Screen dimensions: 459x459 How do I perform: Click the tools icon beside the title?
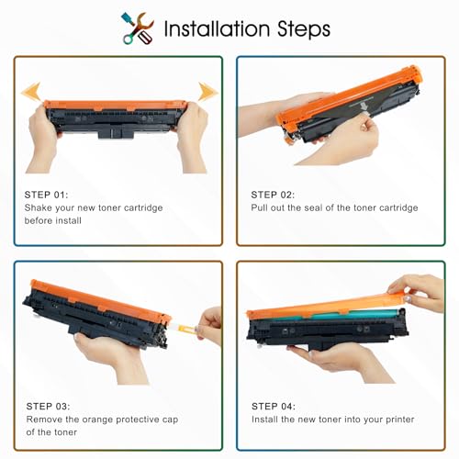click(x=138, y=28)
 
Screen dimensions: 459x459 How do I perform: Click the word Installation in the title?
click(x=217, y=28)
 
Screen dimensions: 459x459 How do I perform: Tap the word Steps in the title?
click(x=304, y=29)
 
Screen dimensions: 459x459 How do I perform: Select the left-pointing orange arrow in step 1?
click(x=30, y=91)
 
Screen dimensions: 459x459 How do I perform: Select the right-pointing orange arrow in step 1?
click(x=208, y=91)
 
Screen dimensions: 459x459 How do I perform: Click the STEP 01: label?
click(x=46, y=195)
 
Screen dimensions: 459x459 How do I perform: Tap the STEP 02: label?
click(x=273, y=195)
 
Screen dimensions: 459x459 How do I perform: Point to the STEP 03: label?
click(x=48, y=407)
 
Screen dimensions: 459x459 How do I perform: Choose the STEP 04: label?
click(x=274, y=407)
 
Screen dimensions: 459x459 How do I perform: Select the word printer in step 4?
click(x=400, y=420)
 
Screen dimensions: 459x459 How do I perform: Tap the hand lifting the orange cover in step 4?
click(x=420, y=291)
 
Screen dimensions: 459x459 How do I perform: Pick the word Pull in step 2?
click(x=260, y=207)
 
